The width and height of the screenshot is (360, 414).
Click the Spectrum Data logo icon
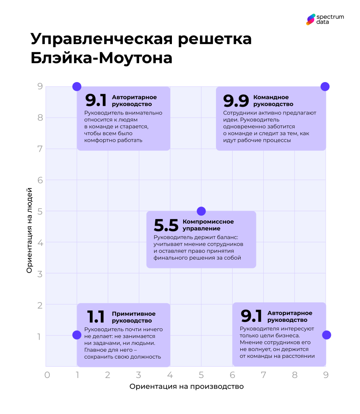310,19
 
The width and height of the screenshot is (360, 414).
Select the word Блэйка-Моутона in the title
102,58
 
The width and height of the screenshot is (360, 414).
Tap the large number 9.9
236,101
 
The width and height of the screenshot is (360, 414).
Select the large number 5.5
166,226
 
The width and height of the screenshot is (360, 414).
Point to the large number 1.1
96,317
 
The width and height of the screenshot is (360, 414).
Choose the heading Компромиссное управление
208,225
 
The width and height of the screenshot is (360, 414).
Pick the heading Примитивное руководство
133,317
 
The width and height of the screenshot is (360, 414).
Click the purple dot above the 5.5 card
201,211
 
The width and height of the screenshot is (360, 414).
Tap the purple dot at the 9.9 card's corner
325,87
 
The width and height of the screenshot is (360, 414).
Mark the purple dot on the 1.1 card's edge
77,335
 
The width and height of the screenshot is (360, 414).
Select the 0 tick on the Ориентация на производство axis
47,375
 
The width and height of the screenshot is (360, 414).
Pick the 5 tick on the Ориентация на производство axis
201,375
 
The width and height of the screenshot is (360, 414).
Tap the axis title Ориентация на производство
186,387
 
